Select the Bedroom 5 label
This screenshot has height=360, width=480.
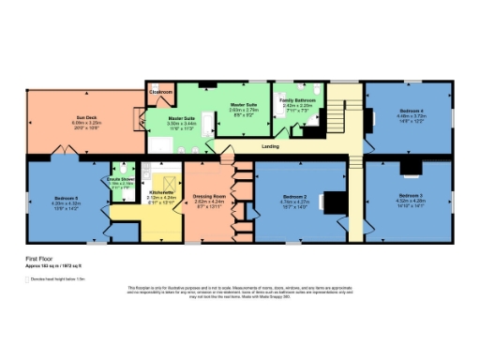[x=65, y=198]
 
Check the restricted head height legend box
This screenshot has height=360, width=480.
[x=27, y=278]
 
